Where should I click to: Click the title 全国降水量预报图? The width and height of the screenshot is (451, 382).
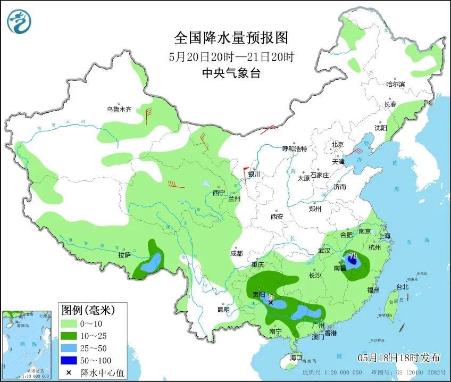pos(231,38)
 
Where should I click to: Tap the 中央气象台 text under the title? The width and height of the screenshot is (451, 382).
pos(231,74)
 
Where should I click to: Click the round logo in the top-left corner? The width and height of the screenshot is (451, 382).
pos(19,21)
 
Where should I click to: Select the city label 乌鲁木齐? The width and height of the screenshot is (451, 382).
pos(118,110)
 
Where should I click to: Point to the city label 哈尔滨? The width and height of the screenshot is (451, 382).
pos(395,84)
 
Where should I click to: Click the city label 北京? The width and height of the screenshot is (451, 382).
pos(338,144)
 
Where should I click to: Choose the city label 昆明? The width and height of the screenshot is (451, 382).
pos(223,310)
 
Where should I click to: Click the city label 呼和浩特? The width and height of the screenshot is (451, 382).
pos(294,149)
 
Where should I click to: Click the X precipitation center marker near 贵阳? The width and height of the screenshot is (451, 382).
pos(271,302)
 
